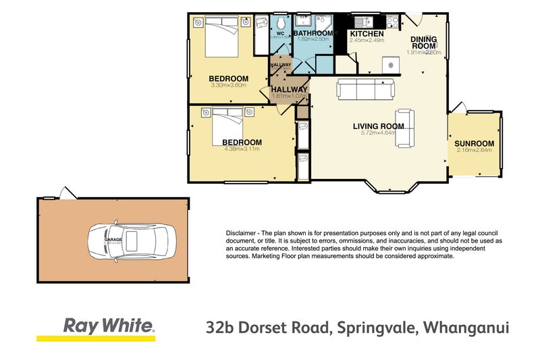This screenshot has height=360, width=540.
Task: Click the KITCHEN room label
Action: (367, 33)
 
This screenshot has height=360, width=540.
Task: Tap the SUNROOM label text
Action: (474, 143)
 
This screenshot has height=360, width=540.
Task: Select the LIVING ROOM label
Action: (378, 126)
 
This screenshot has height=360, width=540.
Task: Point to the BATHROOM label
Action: (313, 33)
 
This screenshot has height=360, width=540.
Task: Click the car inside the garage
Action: (131, 240)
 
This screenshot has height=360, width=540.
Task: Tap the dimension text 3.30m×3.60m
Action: (228, 86)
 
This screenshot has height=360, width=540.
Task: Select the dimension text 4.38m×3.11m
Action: (241, 149)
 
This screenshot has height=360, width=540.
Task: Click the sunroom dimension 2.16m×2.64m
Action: (474, 151)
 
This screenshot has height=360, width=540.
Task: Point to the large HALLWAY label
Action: (289, 89)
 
